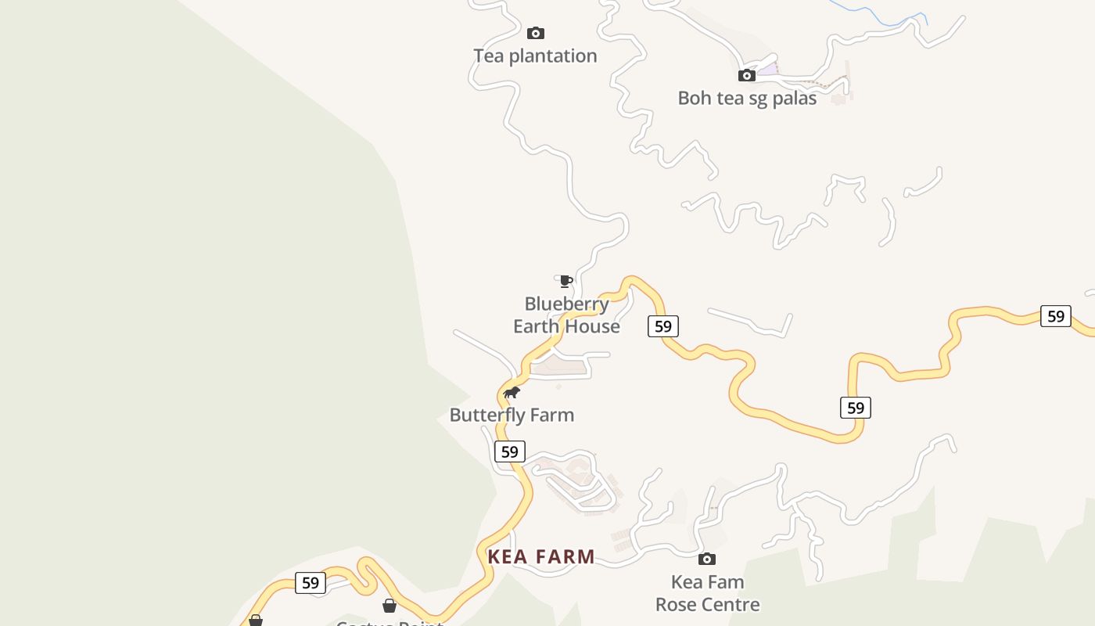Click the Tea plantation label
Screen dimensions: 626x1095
tap(535, 56)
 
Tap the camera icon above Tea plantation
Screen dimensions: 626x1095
tap(535, 33)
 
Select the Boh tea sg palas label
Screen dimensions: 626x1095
tap(747, 99)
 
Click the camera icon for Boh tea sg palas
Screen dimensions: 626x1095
tap(747, 76)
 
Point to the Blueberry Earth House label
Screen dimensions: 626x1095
tap(566, 315)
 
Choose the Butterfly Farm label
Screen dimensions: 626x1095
tap(512, 416)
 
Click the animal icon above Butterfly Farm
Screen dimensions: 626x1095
tap(512, 392)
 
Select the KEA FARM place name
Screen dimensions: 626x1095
tap(541, 557)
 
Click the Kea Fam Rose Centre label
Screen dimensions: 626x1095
tap(707, 594)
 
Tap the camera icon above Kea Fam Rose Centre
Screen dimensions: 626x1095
tap(707, 559)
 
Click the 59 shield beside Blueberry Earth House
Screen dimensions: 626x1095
tap(662, 326)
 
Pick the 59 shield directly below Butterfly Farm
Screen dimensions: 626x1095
tap(509, 452)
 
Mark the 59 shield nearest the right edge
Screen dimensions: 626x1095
tap(1055, 316)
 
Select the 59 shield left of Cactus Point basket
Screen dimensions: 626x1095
tap(310, 583)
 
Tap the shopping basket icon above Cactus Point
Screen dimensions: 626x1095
tap(390, 606)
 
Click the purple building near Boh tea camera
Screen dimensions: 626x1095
tap(767, 70)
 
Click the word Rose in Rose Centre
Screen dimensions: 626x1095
tap(678, 605)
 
